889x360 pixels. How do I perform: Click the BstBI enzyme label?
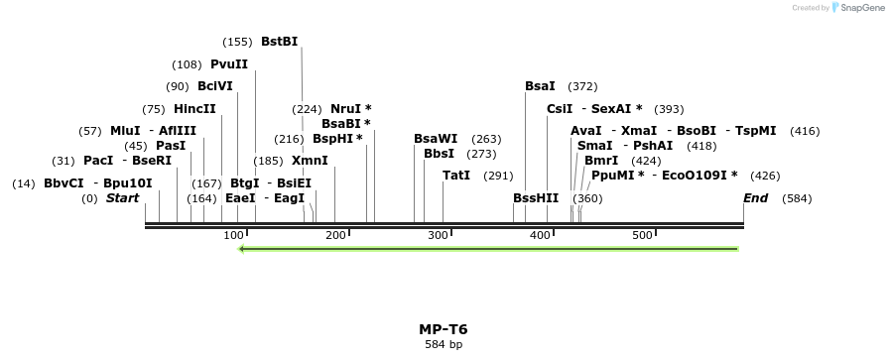coord(279,42)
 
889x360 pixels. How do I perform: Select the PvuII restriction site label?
coord(229,64)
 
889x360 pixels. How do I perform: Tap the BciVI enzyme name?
coord(214,86)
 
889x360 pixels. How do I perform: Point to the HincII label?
coord(194,109)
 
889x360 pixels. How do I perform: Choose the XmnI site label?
coord(310,161)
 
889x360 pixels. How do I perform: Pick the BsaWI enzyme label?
coord(436,139)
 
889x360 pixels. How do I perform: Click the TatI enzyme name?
coord(456,176)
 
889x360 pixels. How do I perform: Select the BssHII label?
coord(536,198)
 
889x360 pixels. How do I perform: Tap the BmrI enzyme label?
coord(601,161)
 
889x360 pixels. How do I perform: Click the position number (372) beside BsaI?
coord(582,86)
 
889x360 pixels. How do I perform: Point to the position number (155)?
coord(238,42)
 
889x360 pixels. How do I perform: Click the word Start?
coord(122,198)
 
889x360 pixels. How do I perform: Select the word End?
coord(756,198)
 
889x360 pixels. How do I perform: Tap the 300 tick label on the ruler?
coord(438,235)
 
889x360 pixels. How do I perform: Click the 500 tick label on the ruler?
coord(642,235)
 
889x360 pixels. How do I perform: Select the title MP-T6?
coord(444,329)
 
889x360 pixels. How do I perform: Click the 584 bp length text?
coord(444,345)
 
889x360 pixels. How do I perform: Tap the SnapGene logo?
coord(852,8)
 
